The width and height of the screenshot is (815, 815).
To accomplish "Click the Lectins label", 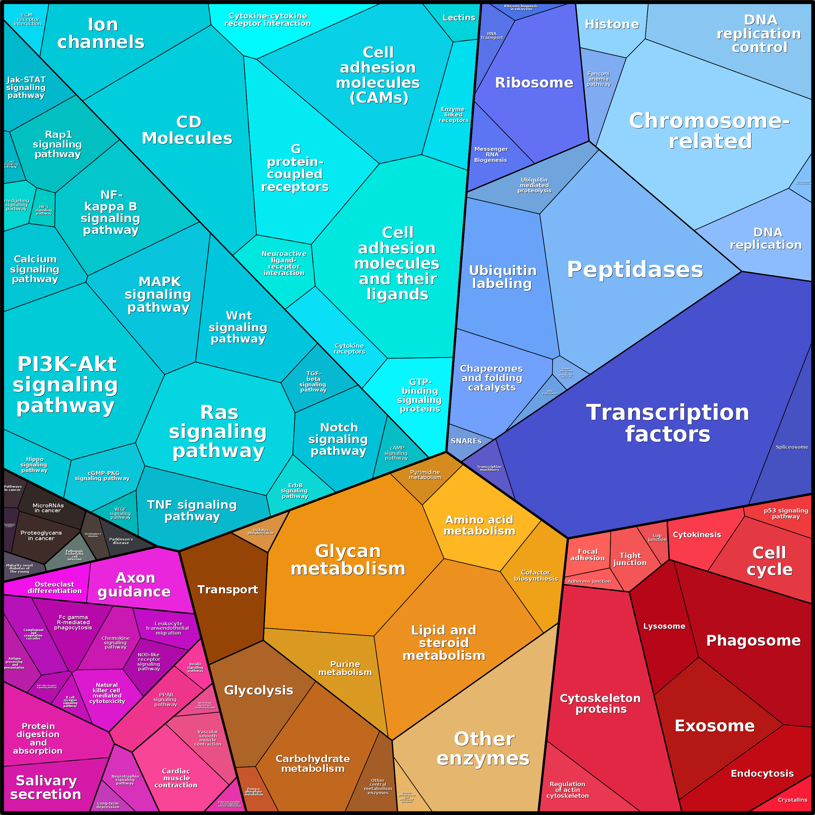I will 458,18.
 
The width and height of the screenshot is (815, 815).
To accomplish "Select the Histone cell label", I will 612,24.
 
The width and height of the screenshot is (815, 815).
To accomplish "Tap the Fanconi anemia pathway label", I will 598,79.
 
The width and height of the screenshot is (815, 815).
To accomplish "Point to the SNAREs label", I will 466,441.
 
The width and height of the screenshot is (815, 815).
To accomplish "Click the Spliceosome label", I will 792,447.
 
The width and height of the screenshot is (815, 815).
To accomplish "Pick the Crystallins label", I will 792,800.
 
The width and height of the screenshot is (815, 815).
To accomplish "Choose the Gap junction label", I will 657,537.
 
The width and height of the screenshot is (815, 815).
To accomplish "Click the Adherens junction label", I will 589,581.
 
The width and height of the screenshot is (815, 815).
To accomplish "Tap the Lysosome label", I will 664,626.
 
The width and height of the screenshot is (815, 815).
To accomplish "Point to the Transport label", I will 227,590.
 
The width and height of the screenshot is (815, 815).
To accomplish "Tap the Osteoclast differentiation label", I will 55,588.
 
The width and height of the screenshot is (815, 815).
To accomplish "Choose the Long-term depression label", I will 108,805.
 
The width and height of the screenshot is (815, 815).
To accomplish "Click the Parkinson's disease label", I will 121,541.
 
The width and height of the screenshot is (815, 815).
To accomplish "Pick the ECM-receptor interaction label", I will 28,20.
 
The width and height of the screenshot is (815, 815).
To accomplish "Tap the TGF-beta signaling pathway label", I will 313,382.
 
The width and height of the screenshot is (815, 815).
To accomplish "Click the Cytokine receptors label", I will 349,348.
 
